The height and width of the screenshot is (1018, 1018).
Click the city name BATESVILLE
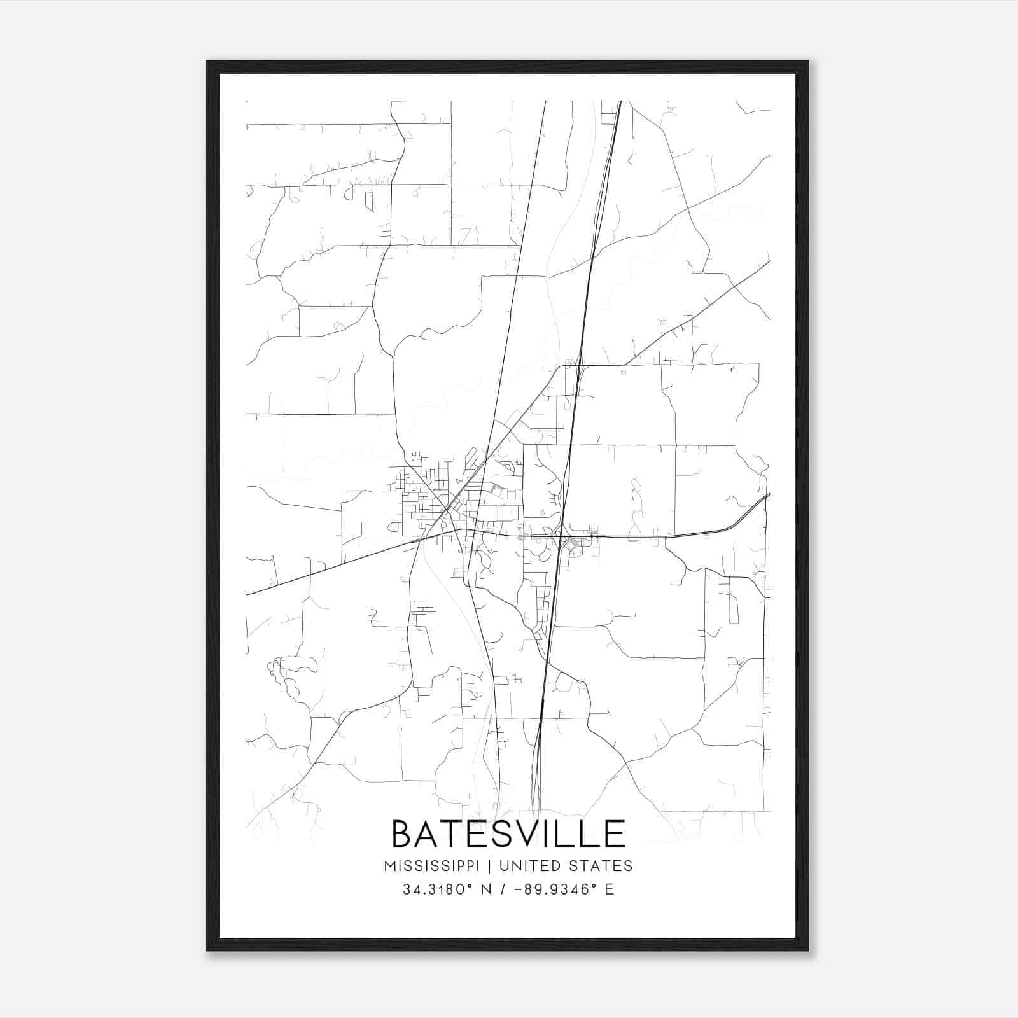coord(508,834)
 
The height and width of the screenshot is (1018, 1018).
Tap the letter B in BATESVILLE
coord(403,834)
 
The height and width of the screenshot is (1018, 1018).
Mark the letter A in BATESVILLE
coord(429,834)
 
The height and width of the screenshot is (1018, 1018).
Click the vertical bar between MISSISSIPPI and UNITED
coord(491,866)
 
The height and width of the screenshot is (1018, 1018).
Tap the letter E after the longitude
coord(610,889)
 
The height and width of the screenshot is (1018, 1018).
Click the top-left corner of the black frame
coord(207,62)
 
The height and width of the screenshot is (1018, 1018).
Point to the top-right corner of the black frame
coord(808,62)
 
